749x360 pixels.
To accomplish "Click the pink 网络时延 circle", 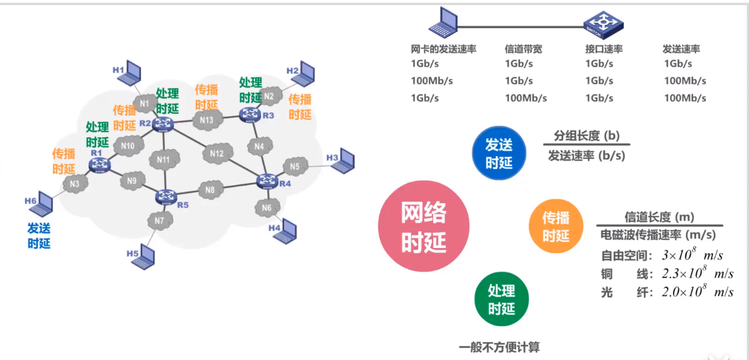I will tap(424, 226).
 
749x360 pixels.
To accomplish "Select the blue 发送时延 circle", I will tap(499, 153).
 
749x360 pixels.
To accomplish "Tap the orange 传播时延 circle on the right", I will tap(556, 226).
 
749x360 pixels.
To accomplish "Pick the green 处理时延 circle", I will tap(501, 300).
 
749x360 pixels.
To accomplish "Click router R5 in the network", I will tap(165, 196).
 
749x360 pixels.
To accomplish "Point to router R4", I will tap(266, 180).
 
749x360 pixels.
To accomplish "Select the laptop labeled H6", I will tap(42, 205).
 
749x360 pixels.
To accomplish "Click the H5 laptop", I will tap(144, 257).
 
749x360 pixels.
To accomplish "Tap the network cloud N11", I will tap(163, 160).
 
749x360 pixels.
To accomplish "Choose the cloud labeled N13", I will tap(206, 120).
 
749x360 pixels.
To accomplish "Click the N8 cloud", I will tap(210, 190).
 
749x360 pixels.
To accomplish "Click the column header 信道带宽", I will tap(523, 49).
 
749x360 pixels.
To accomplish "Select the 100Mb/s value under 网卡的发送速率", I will tap(432, 81).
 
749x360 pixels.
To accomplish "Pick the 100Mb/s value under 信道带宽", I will tap(525, 98).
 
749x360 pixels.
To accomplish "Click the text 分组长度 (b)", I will tap(586, 135).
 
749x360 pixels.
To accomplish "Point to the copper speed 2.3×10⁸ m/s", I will tap(697, 274).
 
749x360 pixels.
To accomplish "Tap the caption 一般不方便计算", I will tap(499, 347).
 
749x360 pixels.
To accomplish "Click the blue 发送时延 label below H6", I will tap(39, 235).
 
